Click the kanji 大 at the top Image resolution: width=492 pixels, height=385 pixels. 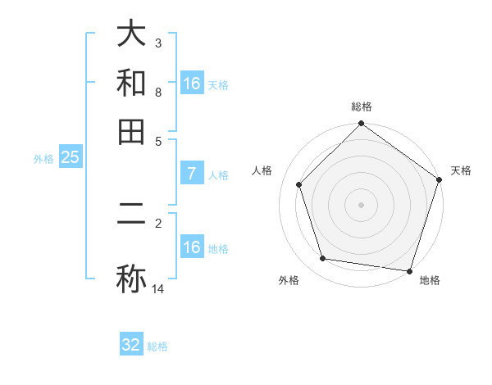131,34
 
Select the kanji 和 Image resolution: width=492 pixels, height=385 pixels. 131,83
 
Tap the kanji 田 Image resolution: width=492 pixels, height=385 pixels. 131,131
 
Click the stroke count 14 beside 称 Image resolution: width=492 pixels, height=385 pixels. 158,288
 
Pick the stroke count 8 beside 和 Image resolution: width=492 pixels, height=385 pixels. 158,93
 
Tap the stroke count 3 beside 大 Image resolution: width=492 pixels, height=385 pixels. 158,43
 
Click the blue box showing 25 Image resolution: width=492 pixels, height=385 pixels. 70,157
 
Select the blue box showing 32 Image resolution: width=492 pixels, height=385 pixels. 131,345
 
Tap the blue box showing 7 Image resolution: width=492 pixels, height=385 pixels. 191,174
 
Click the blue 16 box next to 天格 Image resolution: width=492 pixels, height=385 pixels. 191,84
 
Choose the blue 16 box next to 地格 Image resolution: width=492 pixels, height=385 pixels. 191,247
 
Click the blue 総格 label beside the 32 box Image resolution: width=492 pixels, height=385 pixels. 157,346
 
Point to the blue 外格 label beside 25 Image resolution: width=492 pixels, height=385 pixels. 43,159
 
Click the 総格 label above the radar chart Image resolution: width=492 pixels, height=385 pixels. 361,106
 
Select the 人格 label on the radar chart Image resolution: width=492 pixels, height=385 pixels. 262,170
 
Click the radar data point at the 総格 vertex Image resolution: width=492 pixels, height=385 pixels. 361,125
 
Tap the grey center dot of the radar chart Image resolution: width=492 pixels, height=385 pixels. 361,204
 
